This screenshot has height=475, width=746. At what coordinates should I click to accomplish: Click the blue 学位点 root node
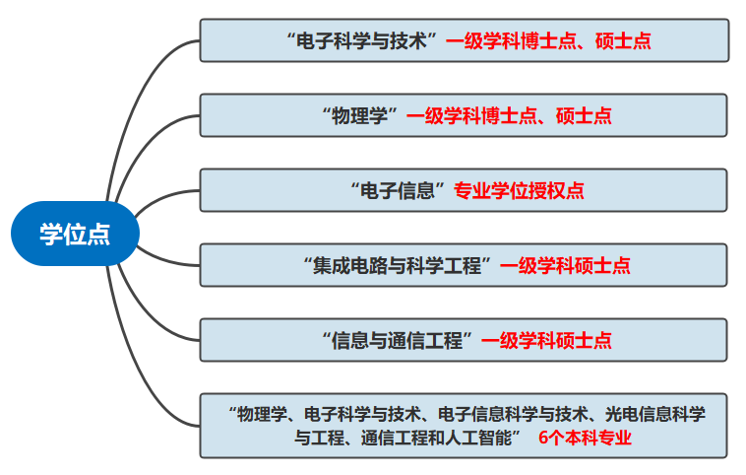(74, 235)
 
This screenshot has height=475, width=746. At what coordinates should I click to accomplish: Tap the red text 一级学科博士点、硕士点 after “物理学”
(509, 115)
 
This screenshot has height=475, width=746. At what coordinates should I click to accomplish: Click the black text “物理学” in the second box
(359, 115)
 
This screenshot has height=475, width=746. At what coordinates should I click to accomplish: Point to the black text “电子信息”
(399, 190)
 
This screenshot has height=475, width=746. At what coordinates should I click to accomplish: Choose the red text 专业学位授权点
(519, 190)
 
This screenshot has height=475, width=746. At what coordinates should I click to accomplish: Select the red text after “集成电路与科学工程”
(565, 265)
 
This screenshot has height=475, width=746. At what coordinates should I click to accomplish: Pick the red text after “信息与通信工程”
(546, 340)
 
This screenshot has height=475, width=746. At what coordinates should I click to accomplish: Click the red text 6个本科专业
(585, 439)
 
